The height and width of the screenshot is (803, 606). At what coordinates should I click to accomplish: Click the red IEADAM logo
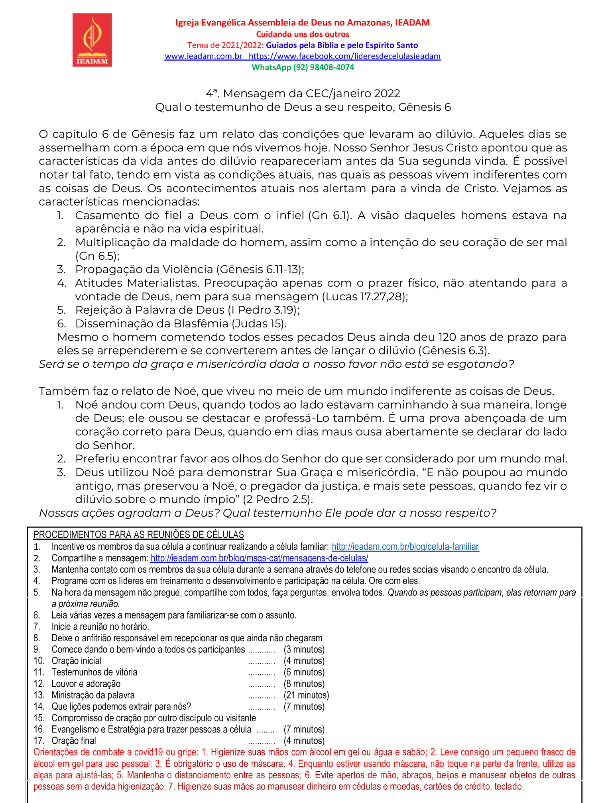(92, 40)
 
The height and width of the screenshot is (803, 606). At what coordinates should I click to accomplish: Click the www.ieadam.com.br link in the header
(203, 56)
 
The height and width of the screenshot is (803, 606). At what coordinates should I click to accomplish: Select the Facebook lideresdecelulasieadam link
(344, 56)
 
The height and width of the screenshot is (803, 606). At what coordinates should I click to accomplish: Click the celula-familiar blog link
(405, 546)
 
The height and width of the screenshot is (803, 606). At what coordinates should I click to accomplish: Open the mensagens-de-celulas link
(259, 558)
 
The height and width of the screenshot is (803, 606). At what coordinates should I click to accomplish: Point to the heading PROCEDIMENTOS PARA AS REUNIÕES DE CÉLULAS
(138, 535)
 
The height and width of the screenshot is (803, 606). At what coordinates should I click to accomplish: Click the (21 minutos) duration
(306, 695)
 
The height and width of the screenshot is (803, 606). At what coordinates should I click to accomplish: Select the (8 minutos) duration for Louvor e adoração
(304, 684)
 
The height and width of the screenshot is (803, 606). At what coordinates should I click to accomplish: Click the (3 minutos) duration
(304, 649)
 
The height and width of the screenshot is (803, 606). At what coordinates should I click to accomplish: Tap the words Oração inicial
(77, 661)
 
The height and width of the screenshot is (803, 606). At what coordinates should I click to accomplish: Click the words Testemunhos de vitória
(94, 672)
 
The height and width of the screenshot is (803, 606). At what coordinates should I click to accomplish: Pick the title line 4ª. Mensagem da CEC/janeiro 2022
(303, 93)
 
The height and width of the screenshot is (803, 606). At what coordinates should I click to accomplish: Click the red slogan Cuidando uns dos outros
(303, 34)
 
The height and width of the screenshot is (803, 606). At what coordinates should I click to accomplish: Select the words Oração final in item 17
(74, 740)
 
